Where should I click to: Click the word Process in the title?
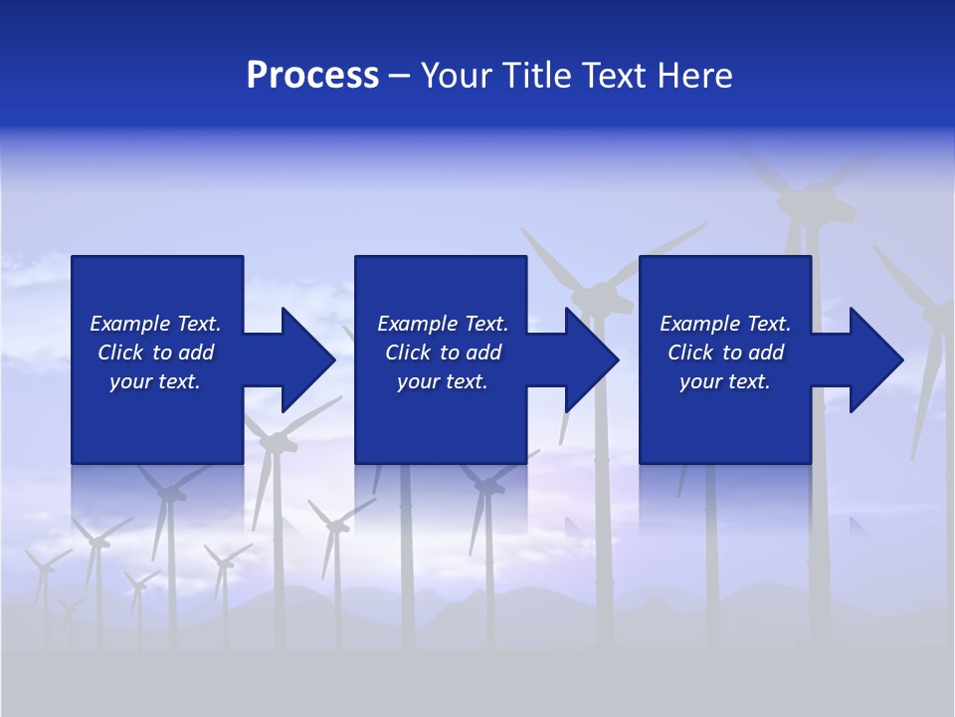click(312, 76)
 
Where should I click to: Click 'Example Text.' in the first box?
click(155, 324)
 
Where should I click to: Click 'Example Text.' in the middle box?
click(443, 324)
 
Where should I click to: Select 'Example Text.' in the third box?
click(725, 324)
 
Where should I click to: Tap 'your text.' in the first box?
click(155, 381)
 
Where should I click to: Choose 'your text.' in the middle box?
click(443, 381)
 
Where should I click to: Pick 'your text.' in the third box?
click(725, 381)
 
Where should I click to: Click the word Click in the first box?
click(120, 353)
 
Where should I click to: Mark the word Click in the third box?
click(690, 353)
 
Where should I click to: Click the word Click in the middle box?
click(408, 353)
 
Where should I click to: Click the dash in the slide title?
click(399, 77)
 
